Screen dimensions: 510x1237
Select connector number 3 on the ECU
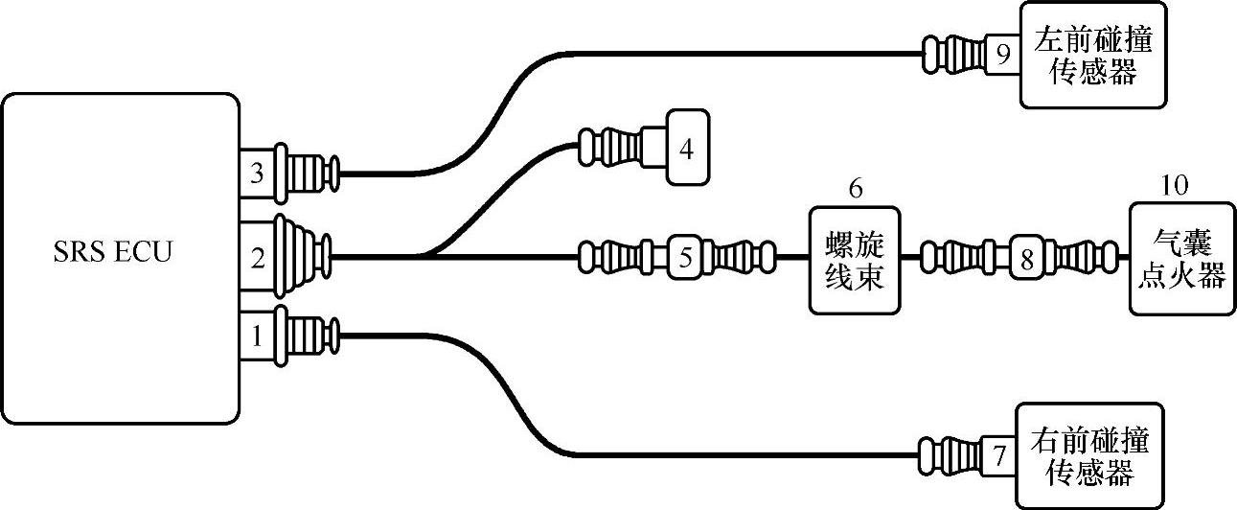pos(256,174)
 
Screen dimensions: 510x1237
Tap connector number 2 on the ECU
pos(256,257)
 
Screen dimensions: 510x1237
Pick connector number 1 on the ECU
pos(256,336)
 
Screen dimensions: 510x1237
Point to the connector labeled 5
pos(684,257)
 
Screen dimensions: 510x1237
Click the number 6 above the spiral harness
pos(855,188)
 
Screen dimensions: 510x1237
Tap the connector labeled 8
pos(1024,257)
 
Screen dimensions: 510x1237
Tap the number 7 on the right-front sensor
pos(998,456)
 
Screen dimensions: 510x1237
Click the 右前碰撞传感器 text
pos(1090,456)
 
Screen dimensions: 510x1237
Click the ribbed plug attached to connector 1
pos(307,336)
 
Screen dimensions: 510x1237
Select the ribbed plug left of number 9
pos(952,54)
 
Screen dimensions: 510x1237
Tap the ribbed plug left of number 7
pos(949,454)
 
